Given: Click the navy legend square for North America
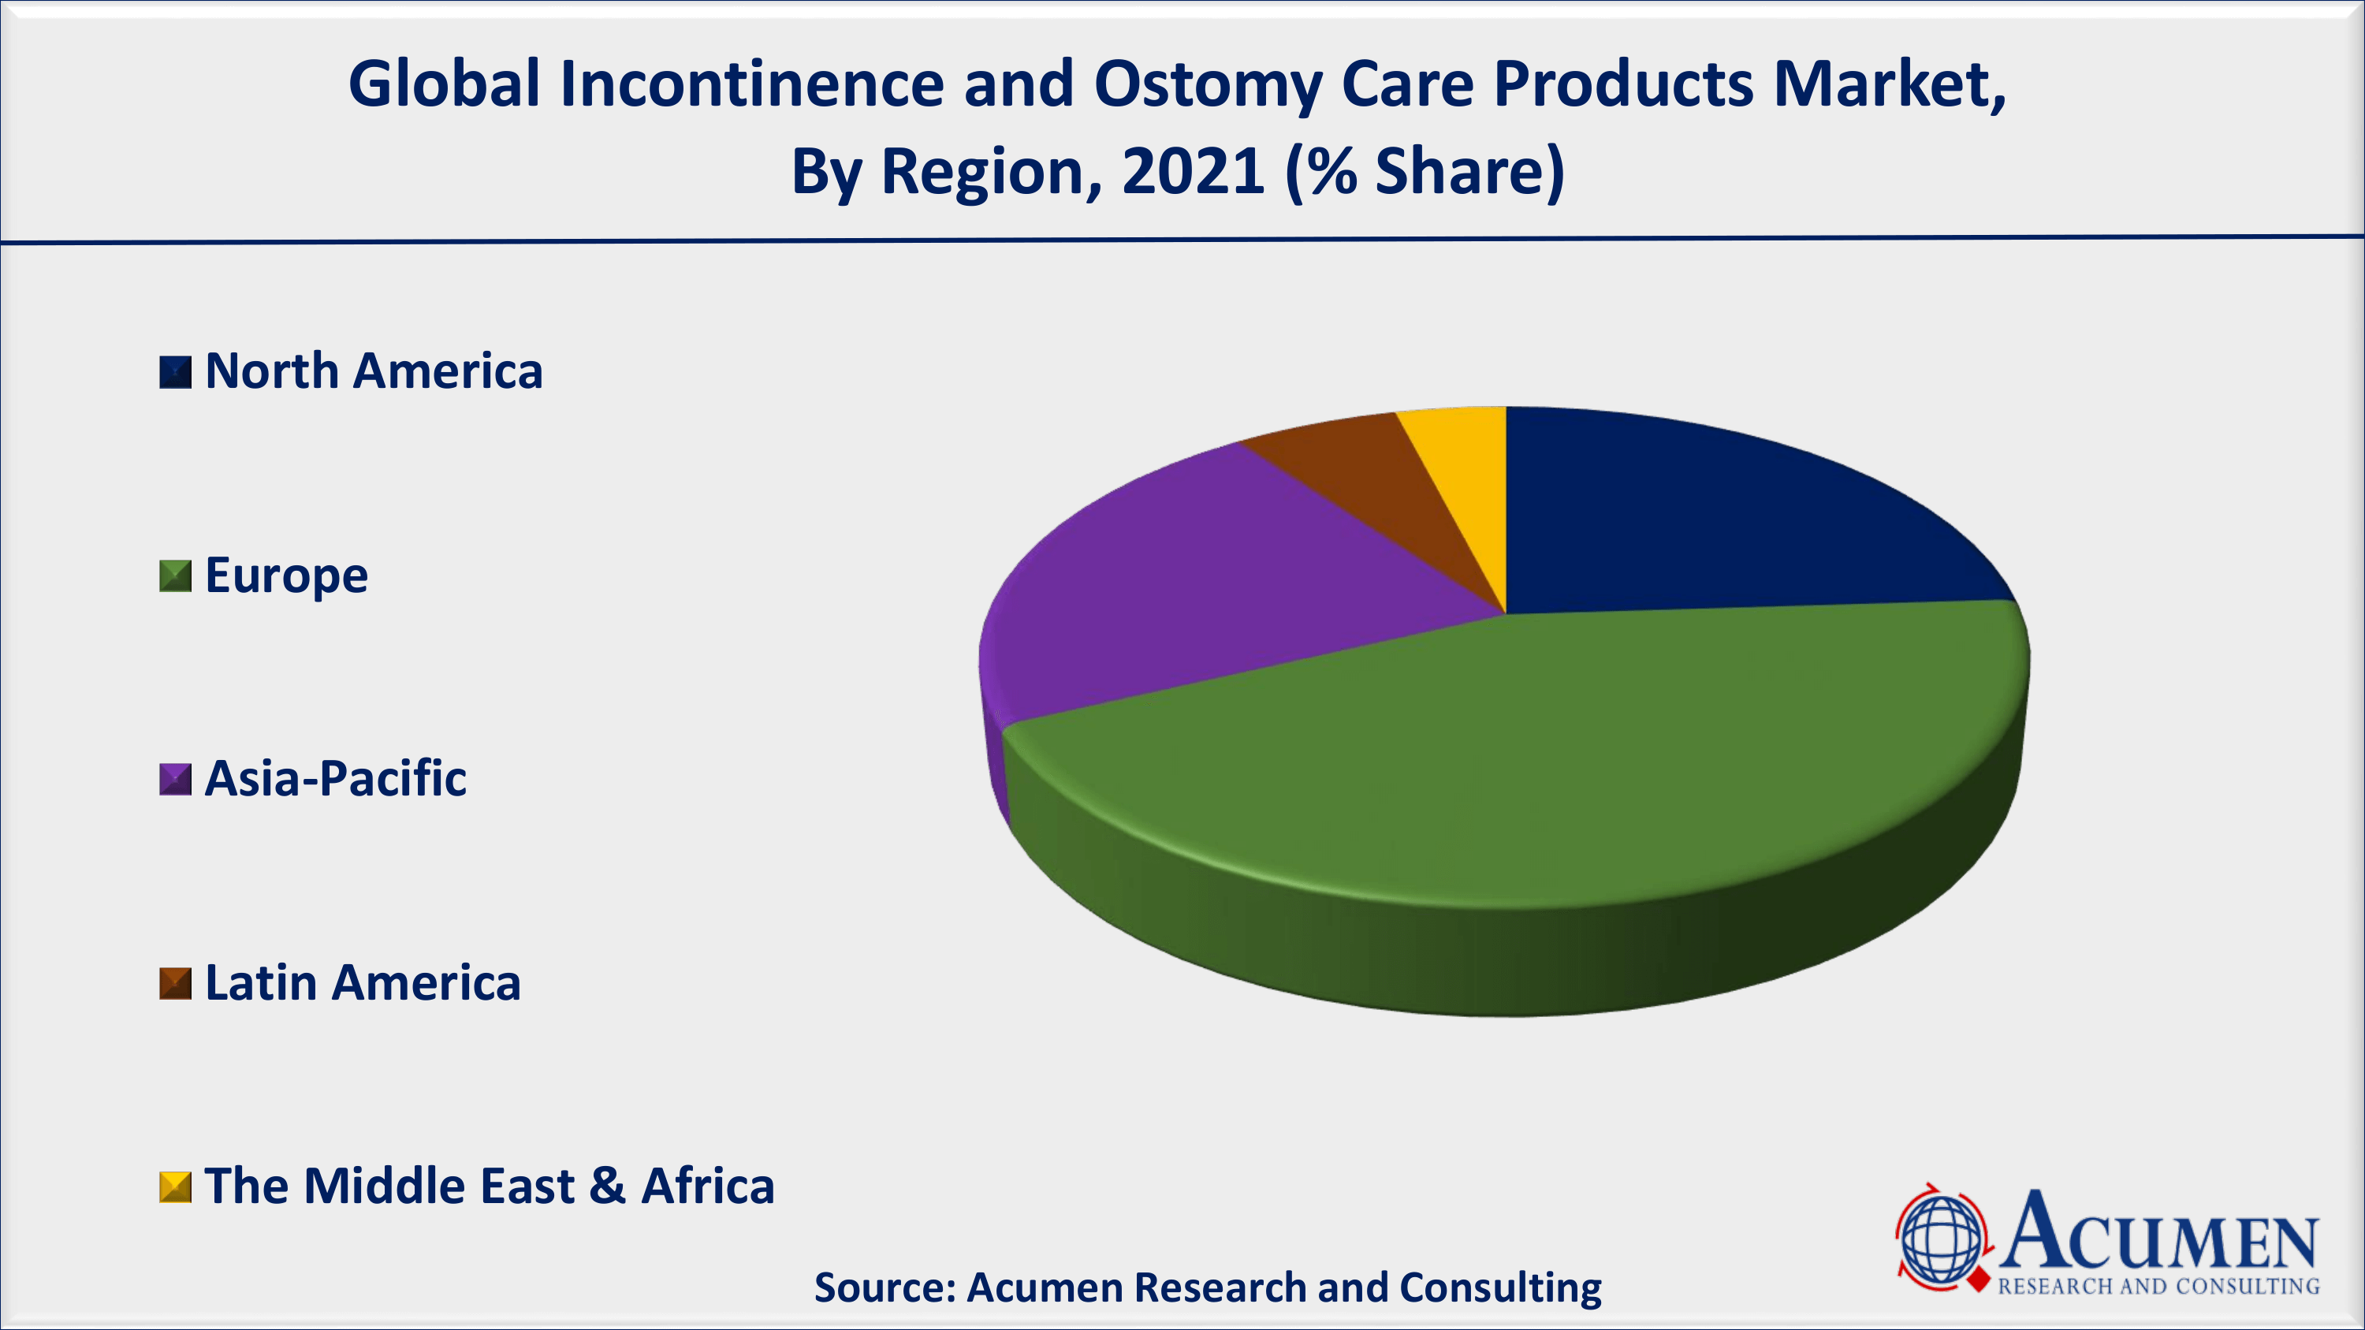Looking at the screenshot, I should click(175, 373).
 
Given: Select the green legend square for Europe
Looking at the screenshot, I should click(175, 576).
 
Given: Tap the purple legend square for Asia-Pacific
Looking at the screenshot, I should click(175, 779).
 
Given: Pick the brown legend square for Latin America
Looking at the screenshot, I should click(175, 983).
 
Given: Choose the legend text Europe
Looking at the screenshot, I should click(286, 576).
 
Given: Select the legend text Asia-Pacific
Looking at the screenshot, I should click(335, 778).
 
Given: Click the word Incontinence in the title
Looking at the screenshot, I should click(753, 84).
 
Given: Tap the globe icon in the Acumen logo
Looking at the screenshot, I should click(1941, 1239).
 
